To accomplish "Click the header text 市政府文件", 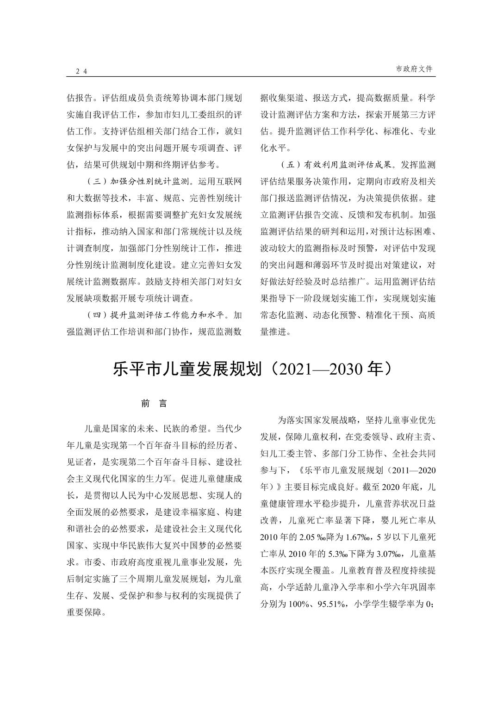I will point(414,68).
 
